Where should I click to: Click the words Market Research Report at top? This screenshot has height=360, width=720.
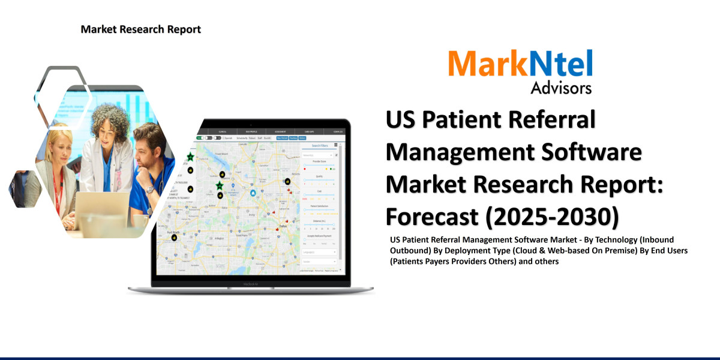[x=140, y=29]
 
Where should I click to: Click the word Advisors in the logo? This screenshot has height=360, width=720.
[x=561, y=88]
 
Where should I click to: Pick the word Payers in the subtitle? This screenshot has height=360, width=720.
[x=443, y=262]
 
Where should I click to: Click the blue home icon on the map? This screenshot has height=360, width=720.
[x=253, y=193]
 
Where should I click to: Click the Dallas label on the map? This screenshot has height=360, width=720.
[x=283, y=226]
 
